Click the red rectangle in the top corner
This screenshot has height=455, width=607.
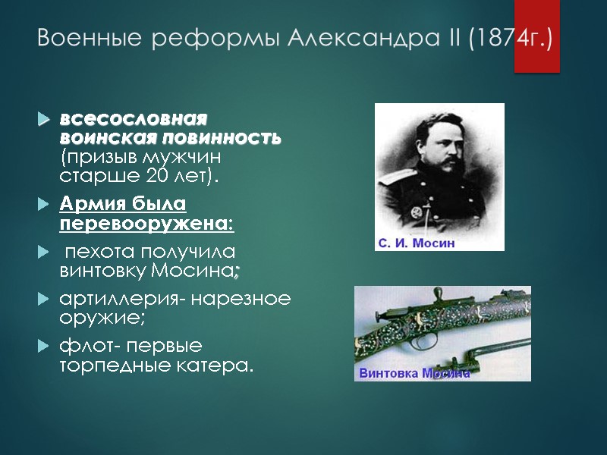coord(536,36)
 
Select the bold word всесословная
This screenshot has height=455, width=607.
coord(134,121)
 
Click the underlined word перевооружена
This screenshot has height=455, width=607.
coord(144,224)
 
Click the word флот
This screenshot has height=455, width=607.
coord(81,347)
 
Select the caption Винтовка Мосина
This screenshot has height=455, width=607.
coord(414,373)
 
